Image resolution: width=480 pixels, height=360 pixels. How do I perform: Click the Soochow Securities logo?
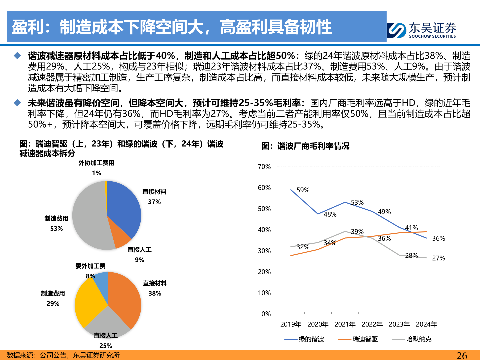422,30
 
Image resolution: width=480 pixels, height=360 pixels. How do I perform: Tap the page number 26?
462,355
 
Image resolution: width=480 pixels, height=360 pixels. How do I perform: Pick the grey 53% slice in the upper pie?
88,217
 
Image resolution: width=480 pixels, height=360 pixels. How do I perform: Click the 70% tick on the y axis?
264,167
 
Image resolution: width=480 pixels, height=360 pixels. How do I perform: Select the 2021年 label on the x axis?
345,324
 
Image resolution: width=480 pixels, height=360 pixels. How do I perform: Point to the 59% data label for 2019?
303,190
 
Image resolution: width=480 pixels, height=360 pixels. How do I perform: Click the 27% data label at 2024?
438,258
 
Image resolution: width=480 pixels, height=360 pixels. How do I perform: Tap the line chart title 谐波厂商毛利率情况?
305,146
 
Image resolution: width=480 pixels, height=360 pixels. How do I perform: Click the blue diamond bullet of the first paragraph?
17,56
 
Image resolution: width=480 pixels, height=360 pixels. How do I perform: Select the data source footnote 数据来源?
63,355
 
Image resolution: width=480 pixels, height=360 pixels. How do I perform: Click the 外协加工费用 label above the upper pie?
96,163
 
